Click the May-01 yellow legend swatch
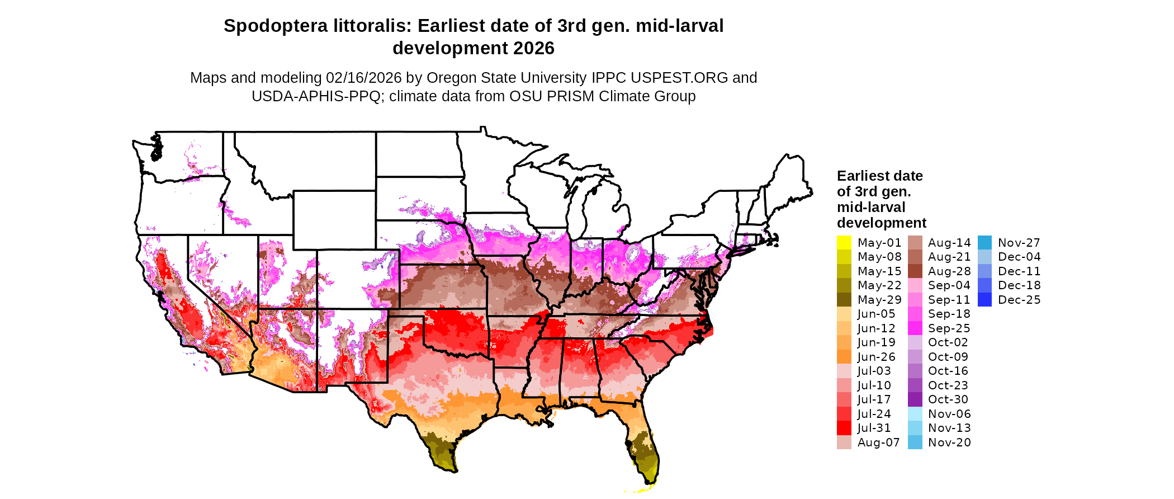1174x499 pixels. (844, 243)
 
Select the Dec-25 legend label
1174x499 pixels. (1019, 300)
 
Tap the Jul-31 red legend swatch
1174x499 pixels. (844, 428)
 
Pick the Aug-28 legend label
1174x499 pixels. (949, 271)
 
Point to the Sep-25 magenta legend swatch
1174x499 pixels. (915, 328)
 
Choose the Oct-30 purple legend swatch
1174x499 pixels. (915, 399)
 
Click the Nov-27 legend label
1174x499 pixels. (1019, 243)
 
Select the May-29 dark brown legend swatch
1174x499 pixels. (844, 300)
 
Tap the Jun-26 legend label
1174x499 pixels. (876, 357)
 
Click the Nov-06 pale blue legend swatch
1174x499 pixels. (915, 414)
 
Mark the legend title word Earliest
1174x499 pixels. (864, 176)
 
